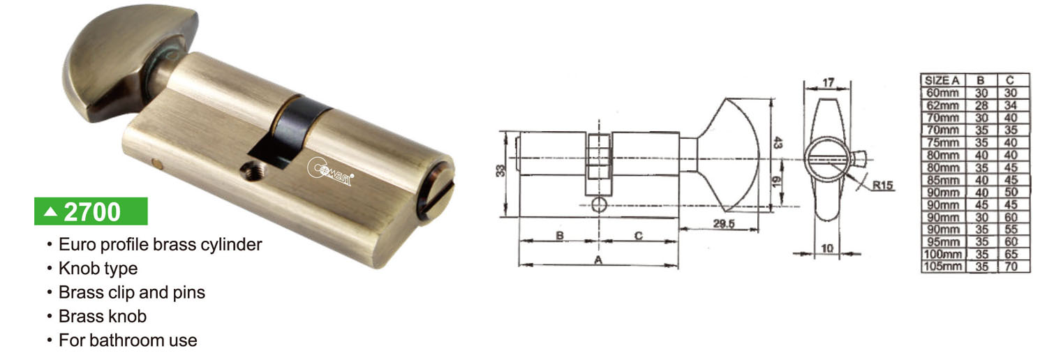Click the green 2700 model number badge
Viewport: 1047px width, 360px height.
(x=91, y=211)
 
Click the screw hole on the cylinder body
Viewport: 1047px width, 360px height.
(x=252, y=171)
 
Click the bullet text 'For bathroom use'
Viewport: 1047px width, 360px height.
(x=128, y=340)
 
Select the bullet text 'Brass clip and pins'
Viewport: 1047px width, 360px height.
(x=132, y=292)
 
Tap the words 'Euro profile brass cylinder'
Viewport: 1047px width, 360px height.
(x=161, y=244)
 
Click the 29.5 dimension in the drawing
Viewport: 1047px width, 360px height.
(x=724, y=224)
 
